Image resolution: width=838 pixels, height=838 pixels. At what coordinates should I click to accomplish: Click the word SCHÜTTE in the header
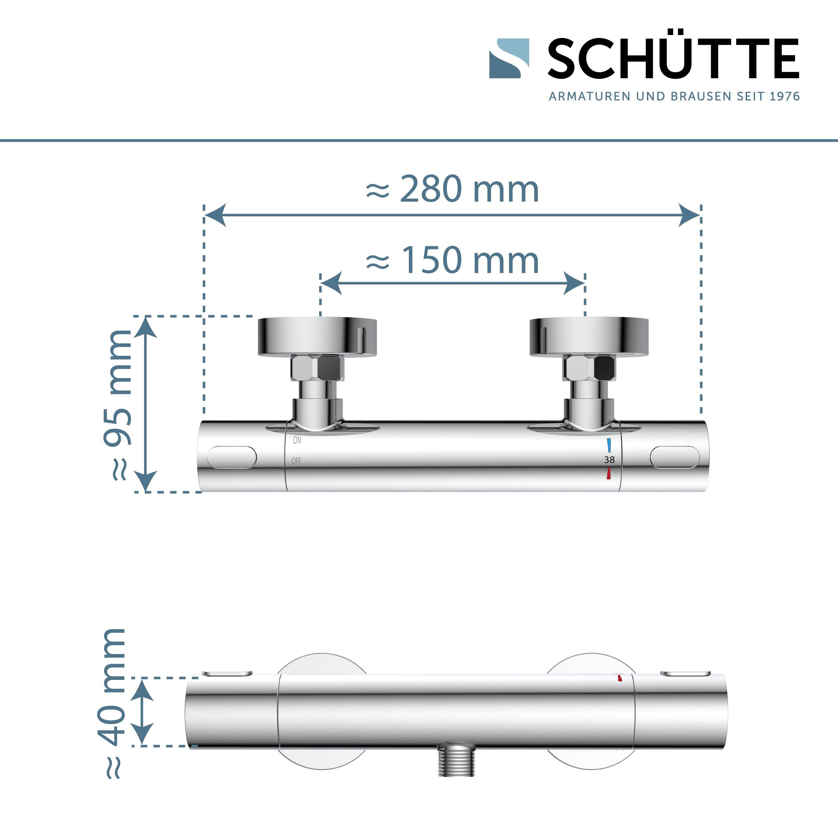pos(673,59)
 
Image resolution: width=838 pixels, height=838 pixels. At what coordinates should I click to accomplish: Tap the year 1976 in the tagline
pos(784,96)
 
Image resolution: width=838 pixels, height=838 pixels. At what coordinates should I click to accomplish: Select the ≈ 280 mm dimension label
pos(452,190)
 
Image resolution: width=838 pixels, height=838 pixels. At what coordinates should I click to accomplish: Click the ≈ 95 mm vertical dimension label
pos(118,406)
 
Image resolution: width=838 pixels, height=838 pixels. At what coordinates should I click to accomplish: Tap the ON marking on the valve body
pos(297,440)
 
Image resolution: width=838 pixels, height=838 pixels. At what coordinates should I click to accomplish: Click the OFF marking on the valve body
pos(296,461)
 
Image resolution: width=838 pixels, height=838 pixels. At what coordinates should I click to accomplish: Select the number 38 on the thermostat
pos(609,460)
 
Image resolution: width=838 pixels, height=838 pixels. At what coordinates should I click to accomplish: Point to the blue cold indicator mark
pos(610,446)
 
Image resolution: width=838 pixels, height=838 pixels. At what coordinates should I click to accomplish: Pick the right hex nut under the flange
pos(589,368)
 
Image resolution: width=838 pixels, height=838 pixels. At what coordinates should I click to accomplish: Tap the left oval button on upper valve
pos(232,457)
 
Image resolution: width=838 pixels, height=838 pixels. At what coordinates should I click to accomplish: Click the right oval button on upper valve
pos(675,457)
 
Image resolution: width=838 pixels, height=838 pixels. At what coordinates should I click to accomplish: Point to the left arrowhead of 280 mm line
pos(215,215)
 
